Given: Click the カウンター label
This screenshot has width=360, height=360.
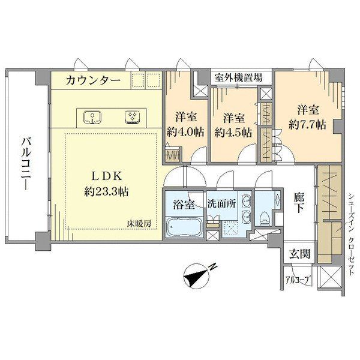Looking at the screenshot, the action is click(x=93, y=80).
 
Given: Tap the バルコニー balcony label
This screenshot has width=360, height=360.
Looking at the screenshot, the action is click(x=26, y=163).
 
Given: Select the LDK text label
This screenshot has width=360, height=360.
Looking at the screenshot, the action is click(x=106, y=176).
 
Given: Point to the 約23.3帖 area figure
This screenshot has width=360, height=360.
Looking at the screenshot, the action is click(x=106, y=191).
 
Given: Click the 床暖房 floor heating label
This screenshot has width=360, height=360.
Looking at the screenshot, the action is click(x=139, y=223).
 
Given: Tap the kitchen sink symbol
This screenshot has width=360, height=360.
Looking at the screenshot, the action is click(x=92, y=117).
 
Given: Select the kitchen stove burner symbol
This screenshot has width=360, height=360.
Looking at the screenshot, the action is click(x=133, y=117).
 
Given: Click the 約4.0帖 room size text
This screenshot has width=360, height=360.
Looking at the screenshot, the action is click(x=185, y=132).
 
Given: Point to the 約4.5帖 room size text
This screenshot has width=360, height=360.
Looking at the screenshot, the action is click(x=233, y=133).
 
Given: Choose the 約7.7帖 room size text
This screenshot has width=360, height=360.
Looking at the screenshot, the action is click(x=307, y=125).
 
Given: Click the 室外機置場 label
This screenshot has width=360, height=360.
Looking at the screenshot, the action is click(x=239, y=77).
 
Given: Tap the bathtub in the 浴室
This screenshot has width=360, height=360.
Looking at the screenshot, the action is click(x=184, y=227).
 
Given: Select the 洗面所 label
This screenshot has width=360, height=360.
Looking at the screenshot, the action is click(x=222, y=203).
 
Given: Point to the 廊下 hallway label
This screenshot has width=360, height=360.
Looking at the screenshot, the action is click(x=299, y=203).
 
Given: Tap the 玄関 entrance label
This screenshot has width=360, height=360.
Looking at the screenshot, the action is click(x=300, y=254).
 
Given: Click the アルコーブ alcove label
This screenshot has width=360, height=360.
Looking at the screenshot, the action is click(x=298, y=280).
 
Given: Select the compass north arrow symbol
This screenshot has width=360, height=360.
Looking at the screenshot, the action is click(x=197, y=277).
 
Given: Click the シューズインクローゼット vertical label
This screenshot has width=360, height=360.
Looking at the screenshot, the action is click(x=351, y=234).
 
